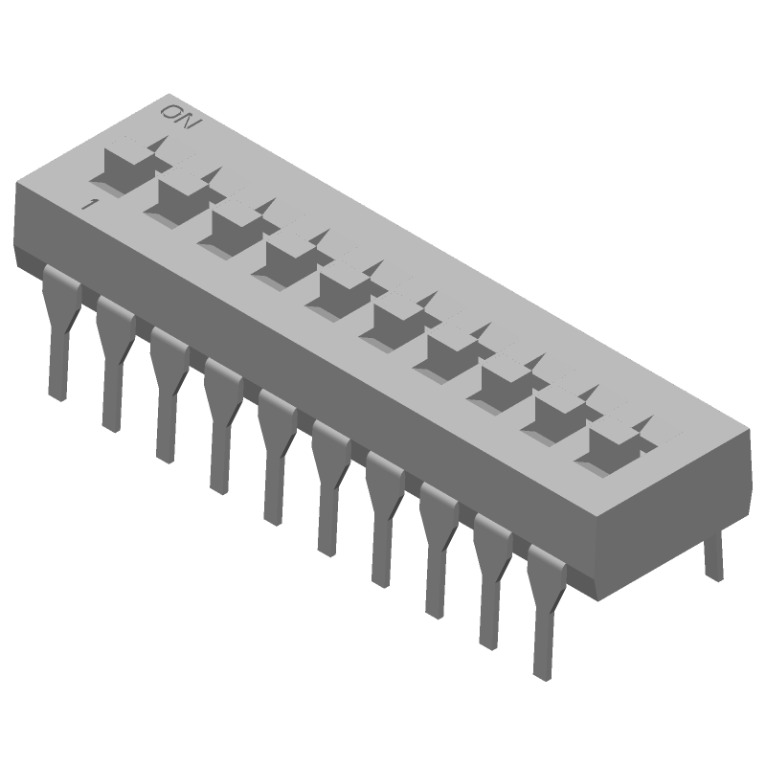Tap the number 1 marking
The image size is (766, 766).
tap(88, 205)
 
